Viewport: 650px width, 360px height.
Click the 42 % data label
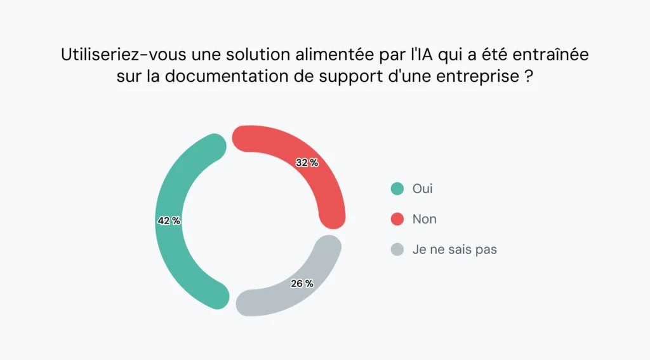tap(169, 221)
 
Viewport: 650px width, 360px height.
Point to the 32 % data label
tap(307, 163)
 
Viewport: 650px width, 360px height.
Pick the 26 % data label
tap(302, 284)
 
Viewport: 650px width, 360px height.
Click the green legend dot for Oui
tap(397, 189)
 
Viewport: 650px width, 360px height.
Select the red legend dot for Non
tap(397, 219)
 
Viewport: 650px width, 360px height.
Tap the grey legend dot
tap(397, 250)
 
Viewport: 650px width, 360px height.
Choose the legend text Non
tap(424, 219)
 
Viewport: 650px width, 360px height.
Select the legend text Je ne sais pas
tap(454, 250)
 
